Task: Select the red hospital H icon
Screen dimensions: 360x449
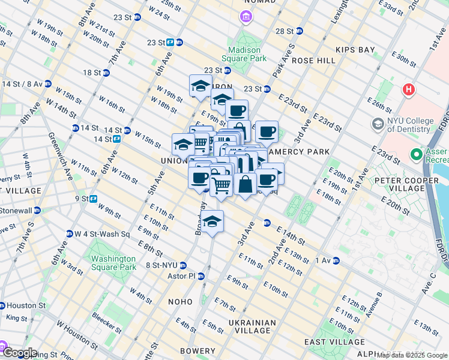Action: click(x=409, y=90)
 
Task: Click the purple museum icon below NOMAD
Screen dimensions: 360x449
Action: click(x=246, y=17)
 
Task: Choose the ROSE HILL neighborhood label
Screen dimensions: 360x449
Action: click(x=313, y=61)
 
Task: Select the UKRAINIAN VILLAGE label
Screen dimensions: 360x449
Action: click(x=252, y=326)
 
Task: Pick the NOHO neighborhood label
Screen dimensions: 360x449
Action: click(x=180, y=301)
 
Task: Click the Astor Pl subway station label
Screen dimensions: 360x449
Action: click(x=182, y=276)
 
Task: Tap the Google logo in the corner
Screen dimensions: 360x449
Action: click(x=19, y=353)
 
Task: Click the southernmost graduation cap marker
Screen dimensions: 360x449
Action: click(x=212, y=222)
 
